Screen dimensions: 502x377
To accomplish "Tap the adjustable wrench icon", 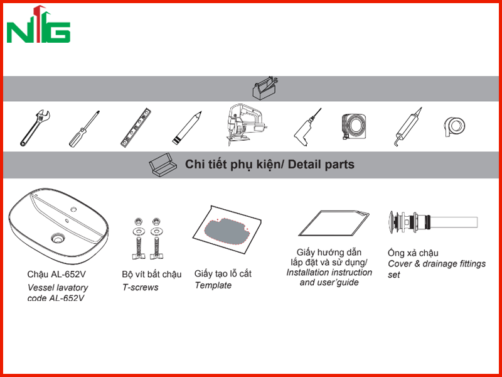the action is [35, 128].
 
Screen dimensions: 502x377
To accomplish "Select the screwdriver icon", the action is [84, 129].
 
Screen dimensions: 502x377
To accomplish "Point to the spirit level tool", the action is [136, 128].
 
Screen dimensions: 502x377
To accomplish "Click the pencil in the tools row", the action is [186, 128].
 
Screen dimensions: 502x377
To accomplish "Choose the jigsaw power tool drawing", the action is [247, 125].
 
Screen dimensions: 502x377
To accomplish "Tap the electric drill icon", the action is [307, 128].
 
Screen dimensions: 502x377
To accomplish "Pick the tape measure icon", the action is [354, 127].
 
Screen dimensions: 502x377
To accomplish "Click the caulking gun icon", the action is [407, 127].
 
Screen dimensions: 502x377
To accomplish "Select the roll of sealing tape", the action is [454, 127].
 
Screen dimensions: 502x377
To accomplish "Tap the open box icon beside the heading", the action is [163, 165].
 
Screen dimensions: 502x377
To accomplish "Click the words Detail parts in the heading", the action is [321, 165].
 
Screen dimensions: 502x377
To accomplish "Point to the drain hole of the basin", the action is [58, 238].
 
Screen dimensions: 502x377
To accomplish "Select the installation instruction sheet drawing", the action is [334, 224].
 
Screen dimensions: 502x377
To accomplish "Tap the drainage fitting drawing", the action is [434, 222].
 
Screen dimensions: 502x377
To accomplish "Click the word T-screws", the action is [140, 287].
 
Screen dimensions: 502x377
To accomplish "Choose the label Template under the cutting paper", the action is [213, 285].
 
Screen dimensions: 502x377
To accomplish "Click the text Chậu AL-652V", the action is [56, 275].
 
